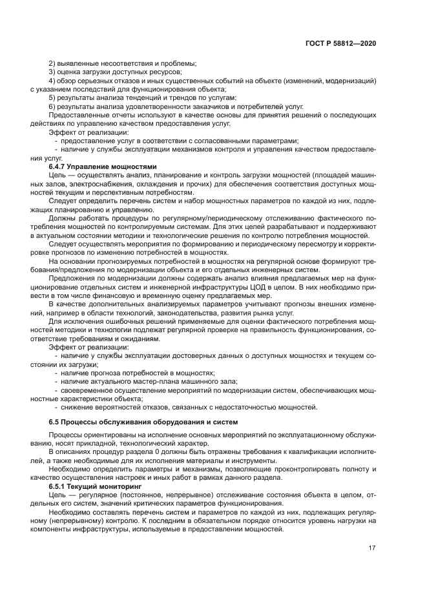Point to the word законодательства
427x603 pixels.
pos(197,312)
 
